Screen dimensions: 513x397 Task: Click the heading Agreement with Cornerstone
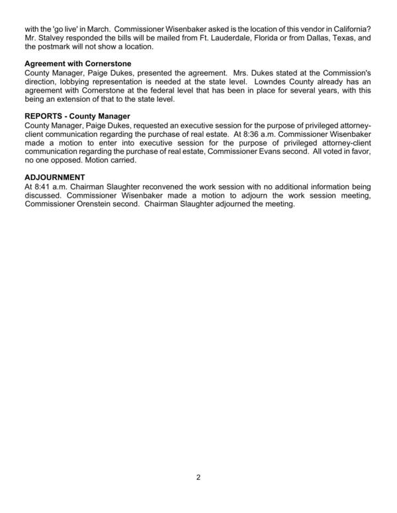click(82, 63)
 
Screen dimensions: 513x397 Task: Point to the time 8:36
click(243, 134)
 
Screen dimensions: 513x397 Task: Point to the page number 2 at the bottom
click(198, 477)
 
